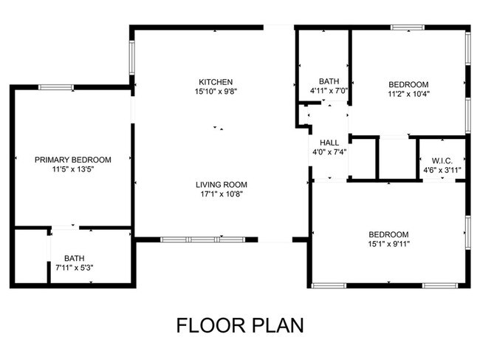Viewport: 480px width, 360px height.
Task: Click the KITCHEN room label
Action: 216,82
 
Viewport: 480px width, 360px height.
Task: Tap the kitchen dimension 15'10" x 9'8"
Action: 216,92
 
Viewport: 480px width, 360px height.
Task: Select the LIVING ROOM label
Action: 221,185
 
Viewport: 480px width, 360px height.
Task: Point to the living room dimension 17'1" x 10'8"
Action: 220,194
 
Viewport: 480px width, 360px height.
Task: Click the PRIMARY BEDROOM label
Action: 73,160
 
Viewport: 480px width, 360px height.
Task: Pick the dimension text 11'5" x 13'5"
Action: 73,169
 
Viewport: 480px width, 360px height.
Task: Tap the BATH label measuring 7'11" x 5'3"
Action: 74,258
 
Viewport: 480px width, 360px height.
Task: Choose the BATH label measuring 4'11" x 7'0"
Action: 329,81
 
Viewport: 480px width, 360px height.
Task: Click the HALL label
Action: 329,143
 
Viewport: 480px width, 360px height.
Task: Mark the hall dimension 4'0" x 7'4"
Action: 329,152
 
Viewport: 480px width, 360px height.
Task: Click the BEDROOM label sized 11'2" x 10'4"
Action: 408,84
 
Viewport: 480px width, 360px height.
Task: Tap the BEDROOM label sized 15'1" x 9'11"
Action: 388,234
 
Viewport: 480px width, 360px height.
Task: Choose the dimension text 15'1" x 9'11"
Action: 388,244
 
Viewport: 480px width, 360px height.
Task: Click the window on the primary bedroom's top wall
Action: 55,88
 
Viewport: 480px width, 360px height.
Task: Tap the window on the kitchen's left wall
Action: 132,57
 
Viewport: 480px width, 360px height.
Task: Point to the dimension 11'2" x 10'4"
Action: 408,94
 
